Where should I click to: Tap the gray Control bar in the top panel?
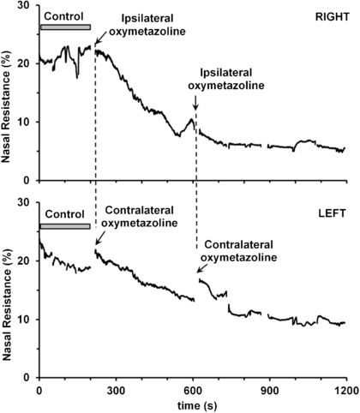click(65, 27)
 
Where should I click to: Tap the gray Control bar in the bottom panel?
click(65, 226)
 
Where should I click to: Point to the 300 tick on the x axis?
click(117, 389)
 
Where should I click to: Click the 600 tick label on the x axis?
click(194, 389)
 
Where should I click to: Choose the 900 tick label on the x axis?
click(271, 389)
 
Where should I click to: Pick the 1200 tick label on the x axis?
click(346, 389)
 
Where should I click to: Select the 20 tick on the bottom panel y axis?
click(25, 260)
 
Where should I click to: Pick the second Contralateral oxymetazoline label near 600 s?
click(238, 250)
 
